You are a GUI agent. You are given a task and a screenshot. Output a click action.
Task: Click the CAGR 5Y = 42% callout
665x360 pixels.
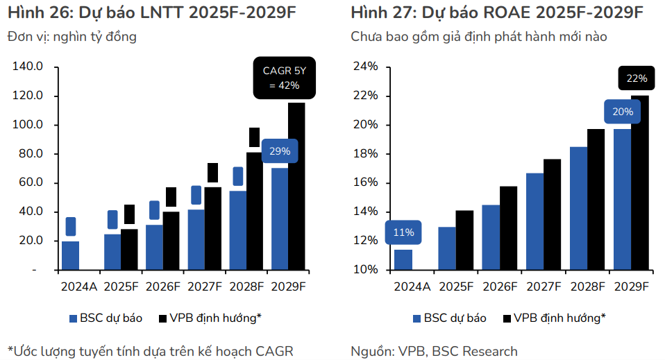(x=284, y=77)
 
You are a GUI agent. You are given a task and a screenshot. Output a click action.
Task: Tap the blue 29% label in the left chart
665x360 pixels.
(x=280, y=151)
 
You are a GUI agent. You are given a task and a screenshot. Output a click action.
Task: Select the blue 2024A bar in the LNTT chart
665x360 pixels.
(x=70, y=255)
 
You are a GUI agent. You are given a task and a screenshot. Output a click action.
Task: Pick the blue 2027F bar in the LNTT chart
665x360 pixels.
(x=196, y=239)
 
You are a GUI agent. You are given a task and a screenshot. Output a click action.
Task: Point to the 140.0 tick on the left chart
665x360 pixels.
(x=28, y=67)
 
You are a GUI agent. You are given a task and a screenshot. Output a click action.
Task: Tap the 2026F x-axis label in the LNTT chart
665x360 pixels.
(x=163, y=286)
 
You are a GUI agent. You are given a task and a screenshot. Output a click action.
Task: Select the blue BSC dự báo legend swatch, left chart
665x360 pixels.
(x=73, y=318)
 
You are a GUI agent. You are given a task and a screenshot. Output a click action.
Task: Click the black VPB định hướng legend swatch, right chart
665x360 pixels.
(x=507, y=318)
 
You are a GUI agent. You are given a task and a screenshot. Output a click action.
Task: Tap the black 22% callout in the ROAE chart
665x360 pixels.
(x=636, y=78)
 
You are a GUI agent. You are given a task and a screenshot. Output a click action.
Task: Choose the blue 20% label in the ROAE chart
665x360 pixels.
(x=623, y=111)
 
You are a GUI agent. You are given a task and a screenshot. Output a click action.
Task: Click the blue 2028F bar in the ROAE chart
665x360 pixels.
(x=578, y=208)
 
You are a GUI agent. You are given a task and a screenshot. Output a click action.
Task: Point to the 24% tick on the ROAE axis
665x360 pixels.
(x=367, y=67)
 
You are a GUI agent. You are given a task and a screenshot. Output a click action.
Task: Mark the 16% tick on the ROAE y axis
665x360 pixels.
(x=367, y=182)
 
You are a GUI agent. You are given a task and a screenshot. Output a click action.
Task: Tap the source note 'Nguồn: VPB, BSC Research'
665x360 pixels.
(x=434, y=351)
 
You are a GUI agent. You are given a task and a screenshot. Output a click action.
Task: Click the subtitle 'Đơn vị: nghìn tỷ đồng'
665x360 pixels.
(x=72, y=37)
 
